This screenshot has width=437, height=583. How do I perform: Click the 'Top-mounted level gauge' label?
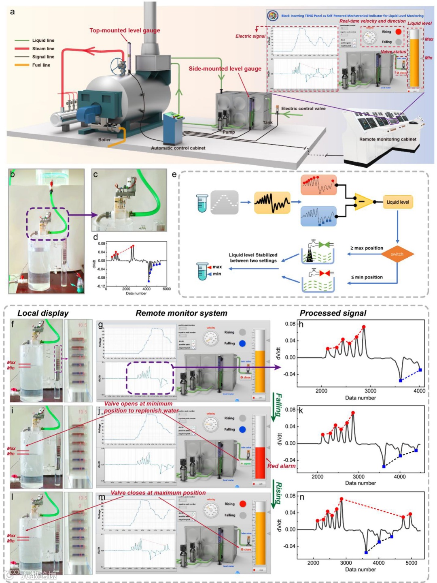[125, 30]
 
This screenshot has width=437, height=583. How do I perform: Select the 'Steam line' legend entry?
[43, 49]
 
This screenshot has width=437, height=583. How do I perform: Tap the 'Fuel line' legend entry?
[41, 65]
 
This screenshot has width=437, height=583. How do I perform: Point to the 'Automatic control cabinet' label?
[178, 148]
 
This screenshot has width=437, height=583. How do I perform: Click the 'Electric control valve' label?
[303, 109]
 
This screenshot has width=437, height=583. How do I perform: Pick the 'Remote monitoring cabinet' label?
[388, 139]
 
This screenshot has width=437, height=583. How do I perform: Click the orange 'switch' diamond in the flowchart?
[397, 254]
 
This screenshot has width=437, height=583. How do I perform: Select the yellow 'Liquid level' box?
[397, 202]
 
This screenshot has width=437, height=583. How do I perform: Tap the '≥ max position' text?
[367, 248]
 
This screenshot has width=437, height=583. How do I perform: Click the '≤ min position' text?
[367, 277]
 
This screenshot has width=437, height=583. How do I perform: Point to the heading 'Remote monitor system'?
[181, 313]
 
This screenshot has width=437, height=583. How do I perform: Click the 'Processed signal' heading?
[333, 313]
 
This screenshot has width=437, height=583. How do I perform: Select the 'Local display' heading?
[43, 313]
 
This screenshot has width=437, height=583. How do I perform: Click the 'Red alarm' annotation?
[281, 466]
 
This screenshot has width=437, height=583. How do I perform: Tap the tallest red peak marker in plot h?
[364, 327]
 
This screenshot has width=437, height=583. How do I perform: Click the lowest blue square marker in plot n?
[366, 553]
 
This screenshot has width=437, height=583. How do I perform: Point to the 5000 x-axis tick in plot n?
[411, 563]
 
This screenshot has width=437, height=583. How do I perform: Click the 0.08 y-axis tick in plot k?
[290, 410]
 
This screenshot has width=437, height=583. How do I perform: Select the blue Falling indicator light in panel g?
[242, 344]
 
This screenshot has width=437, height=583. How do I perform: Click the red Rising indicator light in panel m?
[242, 504]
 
